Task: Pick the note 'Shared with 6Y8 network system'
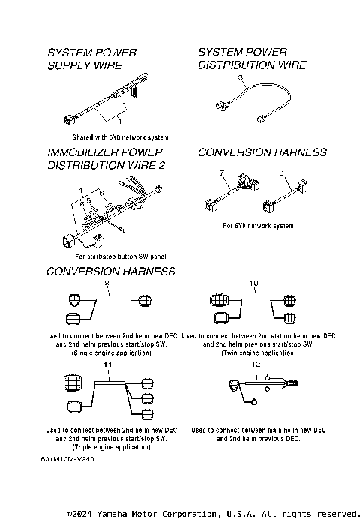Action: click(120, 137)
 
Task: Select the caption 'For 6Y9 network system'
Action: click(258, 225)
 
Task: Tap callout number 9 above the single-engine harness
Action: click(106, 283)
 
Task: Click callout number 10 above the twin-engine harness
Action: click(253, 283)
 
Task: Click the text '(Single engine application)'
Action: click(109, 352)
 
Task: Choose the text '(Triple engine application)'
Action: click(109, 446)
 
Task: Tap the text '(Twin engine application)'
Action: click(258, 352)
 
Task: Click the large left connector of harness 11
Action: click(72, 383)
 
